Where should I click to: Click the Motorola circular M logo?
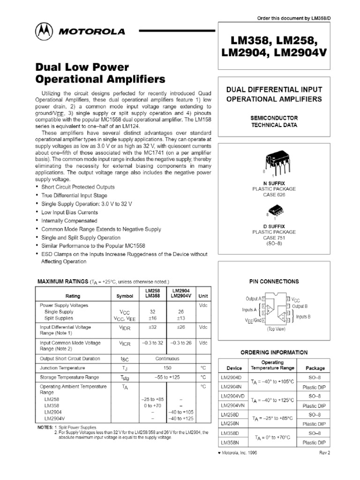(45, 32)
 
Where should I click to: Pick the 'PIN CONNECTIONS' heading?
(274, 281)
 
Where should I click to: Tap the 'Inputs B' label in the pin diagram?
(303, 316)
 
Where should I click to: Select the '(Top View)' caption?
(276, 329)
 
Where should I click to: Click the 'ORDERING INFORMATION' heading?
(274, 352)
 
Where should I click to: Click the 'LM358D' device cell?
(230, 433)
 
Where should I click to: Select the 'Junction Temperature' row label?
(62, 368)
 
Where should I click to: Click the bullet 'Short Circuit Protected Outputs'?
(78, 187)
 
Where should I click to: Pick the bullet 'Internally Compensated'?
(69, 221)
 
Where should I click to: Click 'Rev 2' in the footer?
(325, 453)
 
